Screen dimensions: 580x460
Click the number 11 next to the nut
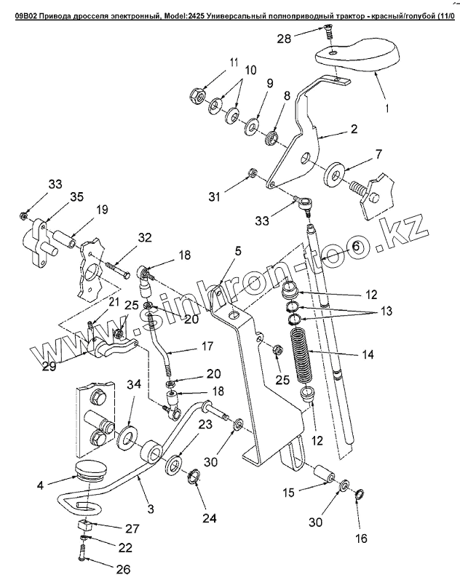tap(234, 63)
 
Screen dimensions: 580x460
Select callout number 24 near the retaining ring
tap(209, 519)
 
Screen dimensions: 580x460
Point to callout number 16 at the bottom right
tap(362, 539)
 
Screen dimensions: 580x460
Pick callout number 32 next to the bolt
tap(146, 237)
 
